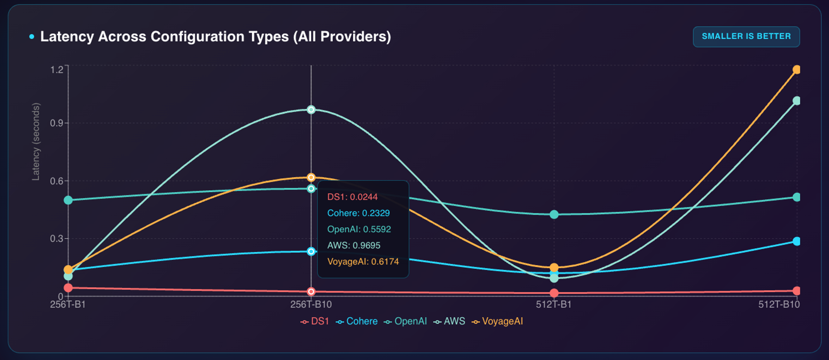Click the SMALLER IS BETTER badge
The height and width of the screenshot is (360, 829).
click(x=746, y=37)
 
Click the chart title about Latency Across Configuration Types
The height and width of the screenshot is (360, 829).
click(x=215, y=37)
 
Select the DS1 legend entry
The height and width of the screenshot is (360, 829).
click(x=315, y=321)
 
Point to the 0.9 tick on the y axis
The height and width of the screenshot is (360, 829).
click(x=57, y=123)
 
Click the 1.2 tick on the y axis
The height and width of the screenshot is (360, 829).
click(x=57, y=70)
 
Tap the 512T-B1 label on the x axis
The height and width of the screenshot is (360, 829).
click(x=553, y=305)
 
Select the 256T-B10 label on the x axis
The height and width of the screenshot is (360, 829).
click(x=311, y=305)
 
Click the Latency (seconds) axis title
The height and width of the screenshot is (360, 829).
click(x=36, y=141)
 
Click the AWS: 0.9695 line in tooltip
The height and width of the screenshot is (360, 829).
click(x=354, y=246)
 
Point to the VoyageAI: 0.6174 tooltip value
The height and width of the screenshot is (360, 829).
click(x=363, y=262)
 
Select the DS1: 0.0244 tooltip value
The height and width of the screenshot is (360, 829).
click(x=352, y=197)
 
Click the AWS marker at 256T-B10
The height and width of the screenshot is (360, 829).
click(x=311, y=110)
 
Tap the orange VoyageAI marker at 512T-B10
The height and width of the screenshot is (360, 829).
click(x=797, y=70)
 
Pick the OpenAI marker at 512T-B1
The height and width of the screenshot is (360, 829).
click(x=554, y=214)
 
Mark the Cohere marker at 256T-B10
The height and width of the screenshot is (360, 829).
click(x=311, y=251)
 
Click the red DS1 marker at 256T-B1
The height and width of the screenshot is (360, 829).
click(x=68, y=288)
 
